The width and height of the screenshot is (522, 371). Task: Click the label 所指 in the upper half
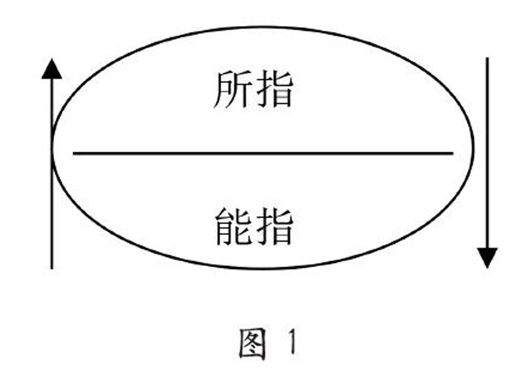tap(253, 90)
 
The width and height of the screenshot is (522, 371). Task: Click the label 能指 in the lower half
tap(253, 225)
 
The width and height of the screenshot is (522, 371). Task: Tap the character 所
tap(232, 90)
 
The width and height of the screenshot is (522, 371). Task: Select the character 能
tap(232, 225)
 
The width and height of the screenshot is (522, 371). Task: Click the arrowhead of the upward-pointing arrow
tap(52, 68)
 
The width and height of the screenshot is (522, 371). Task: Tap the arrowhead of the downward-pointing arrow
tap(487, 257)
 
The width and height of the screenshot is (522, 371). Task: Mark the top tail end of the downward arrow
tap(487, 59)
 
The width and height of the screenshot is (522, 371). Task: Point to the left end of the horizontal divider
tap(74, 153)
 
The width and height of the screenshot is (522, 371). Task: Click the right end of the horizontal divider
tap(452, 153)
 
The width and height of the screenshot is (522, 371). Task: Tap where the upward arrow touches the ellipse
tap(52, 148)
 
